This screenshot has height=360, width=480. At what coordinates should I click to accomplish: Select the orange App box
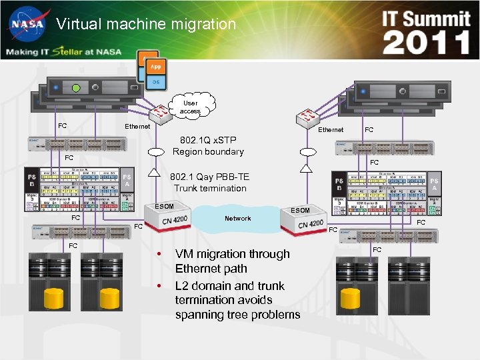(x=155, y=67)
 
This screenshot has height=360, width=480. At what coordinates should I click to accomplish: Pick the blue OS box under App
(x=155, y=81)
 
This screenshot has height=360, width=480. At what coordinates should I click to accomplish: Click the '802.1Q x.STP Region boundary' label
(x=208, y=146)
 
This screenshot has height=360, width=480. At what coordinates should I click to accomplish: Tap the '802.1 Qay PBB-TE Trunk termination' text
(x=210, y=183)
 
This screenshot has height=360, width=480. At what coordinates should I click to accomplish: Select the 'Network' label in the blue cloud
(x=237, y=218)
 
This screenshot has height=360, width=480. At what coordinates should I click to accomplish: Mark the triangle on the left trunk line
(x=155, y=174)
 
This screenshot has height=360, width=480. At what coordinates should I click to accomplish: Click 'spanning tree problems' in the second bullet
(x=237, y=315)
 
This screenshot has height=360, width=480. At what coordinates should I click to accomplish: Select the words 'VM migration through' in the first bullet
(x=232, y=253)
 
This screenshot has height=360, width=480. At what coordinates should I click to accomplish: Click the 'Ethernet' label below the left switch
(x=138, y=126)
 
